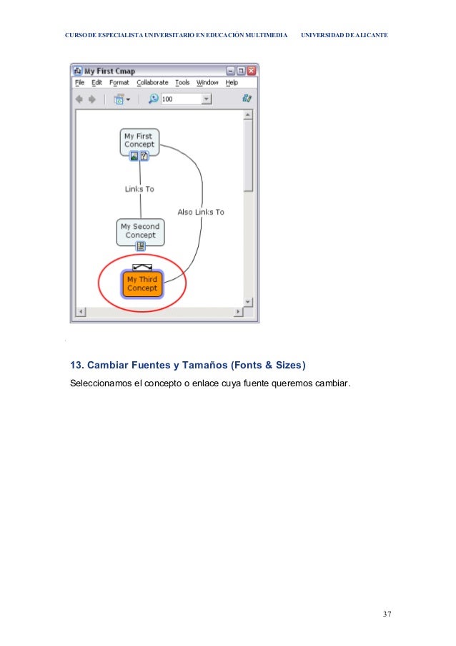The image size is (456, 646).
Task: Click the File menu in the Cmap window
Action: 80,83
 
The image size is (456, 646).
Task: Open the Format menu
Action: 119,83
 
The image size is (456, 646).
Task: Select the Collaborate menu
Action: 152,83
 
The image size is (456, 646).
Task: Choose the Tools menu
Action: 182,83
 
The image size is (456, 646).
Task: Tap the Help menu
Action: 232,83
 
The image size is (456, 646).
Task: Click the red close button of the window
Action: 252,71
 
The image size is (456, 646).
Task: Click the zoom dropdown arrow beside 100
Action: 207,99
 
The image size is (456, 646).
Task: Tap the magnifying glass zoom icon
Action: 153,99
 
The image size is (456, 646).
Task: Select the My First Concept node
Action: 139,140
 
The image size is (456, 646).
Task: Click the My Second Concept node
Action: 140,231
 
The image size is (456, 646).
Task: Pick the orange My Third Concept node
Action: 142,284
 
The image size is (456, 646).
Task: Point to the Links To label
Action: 139,190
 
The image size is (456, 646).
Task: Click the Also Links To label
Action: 201,212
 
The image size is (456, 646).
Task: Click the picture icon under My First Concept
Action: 134,156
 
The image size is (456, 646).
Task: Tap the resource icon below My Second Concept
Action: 141,246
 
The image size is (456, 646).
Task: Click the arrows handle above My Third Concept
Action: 142,267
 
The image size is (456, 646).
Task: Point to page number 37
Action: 387,615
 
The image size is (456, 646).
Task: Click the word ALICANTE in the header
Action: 369,34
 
